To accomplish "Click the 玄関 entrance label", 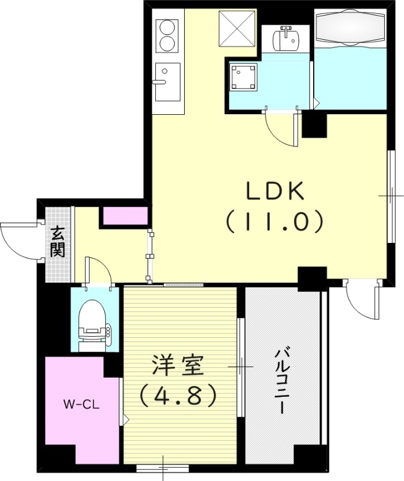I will [x=58, y=241].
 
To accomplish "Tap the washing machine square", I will [x=244, y=76].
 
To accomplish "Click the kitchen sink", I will [x=167, y=82].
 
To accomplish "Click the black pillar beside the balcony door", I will [x=312, y=277].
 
